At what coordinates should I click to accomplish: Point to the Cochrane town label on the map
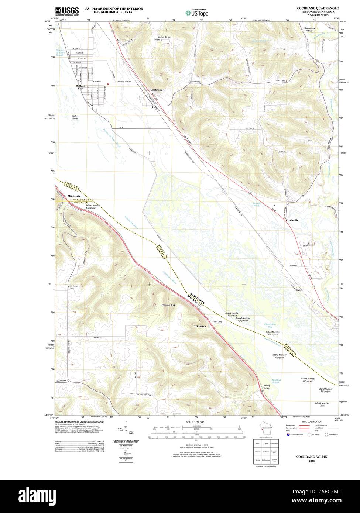pos(156,90)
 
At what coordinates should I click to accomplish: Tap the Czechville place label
pos(292,220)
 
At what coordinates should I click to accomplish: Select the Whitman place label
pos(200,327)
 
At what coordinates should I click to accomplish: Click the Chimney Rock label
pos(168,306)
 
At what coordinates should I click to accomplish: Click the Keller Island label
pos(75,117)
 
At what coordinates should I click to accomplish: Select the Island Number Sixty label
pos(322,404)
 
